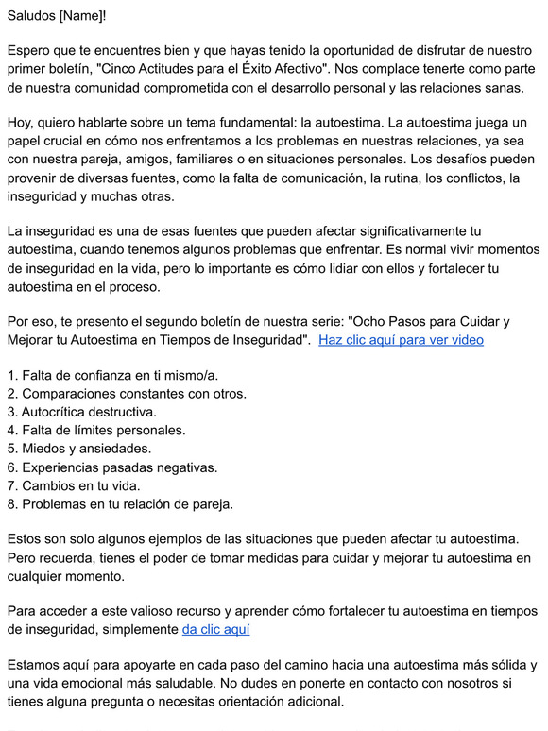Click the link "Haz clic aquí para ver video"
click(401, 340)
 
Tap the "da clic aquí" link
click(215, 629)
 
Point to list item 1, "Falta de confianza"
click(112, 376)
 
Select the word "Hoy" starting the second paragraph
click(21, 124)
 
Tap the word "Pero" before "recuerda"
click(23, 557)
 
